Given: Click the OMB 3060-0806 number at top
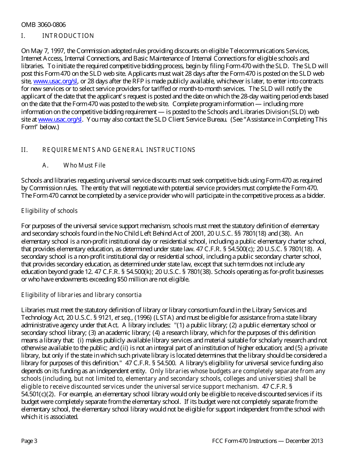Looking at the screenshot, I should tap(43, 25).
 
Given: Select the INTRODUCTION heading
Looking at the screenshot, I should tap(68, 36).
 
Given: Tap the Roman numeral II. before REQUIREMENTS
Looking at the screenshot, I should tap(25, 150).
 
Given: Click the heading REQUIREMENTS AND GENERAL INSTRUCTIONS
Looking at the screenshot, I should tap(119, 150).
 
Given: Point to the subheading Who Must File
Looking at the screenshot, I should tap(84, 166).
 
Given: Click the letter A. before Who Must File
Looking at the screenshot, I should tap(45, 166).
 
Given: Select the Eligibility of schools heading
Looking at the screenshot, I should tap(49, 211).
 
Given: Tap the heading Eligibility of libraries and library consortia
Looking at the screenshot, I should tap(81, 295).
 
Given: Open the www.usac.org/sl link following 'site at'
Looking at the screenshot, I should tap(60, 119).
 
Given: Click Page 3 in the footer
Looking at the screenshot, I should tap(29, 441).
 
